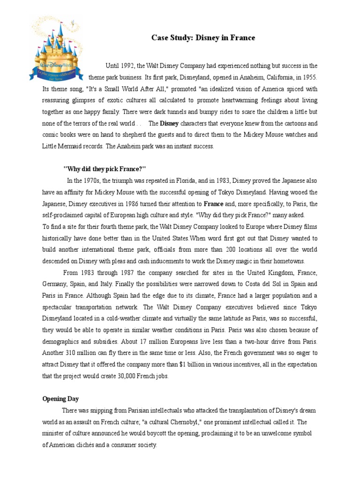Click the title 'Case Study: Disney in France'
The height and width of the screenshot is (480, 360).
pyautogui.click(x=203, y=38)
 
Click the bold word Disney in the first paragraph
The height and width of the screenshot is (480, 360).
pyautogui.click(x=169, y=124)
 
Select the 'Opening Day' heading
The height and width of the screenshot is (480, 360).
pyautogui.click(x=60, y=399)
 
